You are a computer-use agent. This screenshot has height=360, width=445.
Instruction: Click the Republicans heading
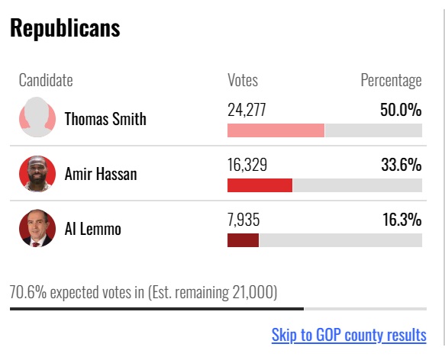point(65,28)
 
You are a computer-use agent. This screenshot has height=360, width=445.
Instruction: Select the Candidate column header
point(46,80)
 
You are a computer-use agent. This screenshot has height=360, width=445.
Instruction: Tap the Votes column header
point(243,80)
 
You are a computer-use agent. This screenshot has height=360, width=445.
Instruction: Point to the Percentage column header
point(391,81)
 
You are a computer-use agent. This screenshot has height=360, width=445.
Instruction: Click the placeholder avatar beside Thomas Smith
point(37,117)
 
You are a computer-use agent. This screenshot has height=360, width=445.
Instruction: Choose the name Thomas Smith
point(105,118)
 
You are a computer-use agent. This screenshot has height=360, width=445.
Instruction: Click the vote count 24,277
point(247,110)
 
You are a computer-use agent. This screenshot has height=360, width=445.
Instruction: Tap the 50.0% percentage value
point(401,110)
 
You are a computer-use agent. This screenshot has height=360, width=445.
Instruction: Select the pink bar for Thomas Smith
point(276,130)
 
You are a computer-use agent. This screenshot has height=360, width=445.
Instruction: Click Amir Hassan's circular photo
point(37,174)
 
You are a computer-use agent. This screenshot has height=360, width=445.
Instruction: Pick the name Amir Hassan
point(101,174)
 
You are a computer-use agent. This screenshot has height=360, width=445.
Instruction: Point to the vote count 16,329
point(247,165)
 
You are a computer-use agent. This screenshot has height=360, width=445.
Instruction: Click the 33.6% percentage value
point(401,165)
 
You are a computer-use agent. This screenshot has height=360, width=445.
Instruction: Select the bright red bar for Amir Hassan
point(260,185)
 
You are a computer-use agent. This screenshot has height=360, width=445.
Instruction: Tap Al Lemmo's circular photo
point(37,228)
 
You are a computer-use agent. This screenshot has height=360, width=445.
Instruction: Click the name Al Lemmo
point(93,229)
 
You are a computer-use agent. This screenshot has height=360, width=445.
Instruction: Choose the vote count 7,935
point(243,220)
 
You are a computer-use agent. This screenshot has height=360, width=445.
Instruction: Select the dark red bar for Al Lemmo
point(243,240)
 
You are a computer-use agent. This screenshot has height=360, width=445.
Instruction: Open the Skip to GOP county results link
point(349,335)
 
